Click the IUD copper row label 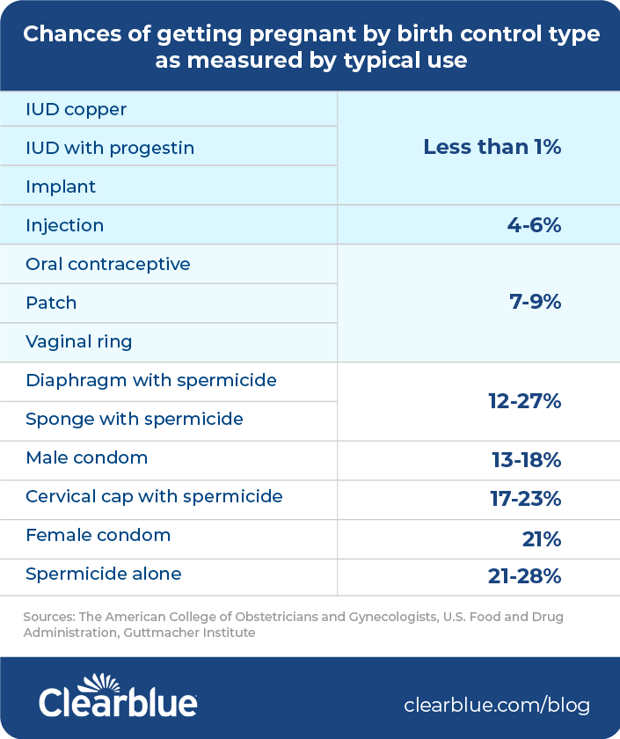77,110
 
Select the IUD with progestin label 110,148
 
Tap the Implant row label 61,187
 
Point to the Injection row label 65,225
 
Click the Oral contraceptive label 108,264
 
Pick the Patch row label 51,303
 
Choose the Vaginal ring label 80,341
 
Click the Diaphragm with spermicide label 151,380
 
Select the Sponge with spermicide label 135,419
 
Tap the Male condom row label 87,457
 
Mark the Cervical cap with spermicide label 154,496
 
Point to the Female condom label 98,535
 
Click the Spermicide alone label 104,574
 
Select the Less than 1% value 492,147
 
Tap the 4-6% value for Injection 533,225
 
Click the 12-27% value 524,401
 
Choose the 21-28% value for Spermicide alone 524,576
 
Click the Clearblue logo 118,697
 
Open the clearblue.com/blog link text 497,705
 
